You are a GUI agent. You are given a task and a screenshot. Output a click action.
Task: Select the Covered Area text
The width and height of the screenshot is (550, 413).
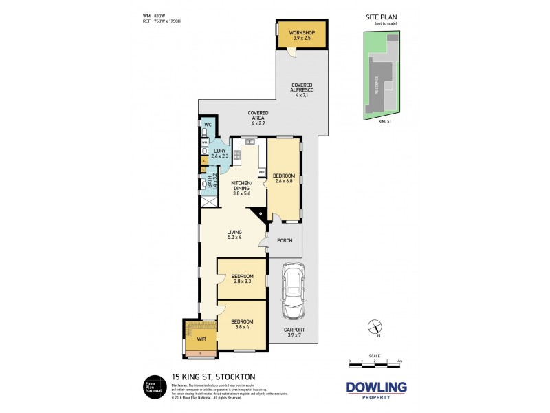[x=258, y=118]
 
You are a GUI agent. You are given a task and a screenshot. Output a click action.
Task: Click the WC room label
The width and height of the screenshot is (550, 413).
[x=207, y=125]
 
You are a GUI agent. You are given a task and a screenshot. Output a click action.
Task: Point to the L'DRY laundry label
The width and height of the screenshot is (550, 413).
[x=220, y=153]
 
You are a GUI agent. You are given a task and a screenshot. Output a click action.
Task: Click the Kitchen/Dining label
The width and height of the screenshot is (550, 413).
[x=241, y=189]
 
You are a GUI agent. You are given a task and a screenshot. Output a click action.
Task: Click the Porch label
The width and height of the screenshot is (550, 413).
[x=285, y=240]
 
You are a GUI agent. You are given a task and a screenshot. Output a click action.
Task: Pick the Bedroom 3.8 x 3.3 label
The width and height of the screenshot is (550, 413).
[x=242, y=279]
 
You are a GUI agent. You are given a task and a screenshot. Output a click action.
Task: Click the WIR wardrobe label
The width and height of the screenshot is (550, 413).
[x=201, y=339]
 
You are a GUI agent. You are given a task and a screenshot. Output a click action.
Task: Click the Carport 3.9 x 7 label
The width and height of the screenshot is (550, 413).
[x=294, y=332]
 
